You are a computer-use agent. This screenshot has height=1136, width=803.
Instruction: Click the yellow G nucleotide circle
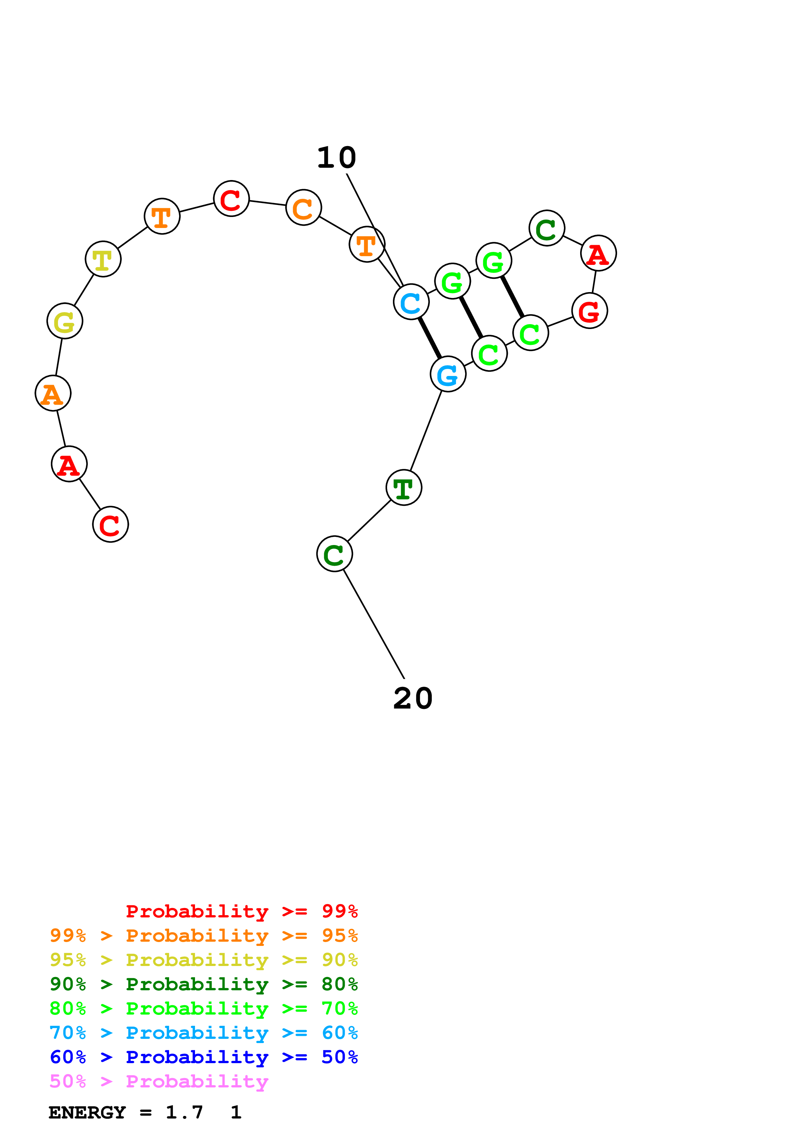(x=65, y=321)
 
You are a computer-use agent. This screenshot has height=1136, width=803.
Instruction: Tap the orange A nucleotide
(x=53, y=393)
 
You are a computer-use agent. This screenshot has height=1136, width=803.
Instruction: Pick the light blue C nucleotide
(x=411, y=302)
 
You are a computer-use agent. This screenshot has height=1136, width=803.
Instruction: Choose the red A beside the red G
(x=598, y=253)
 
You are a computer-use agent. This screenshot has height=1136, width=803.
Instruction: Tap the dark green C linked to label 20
(x=335, y=554)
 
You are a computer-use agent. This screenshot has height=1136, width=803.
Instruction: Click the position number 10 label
(x=337, y=158)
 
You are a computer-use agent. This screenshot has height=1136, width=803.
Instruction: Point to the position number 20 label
(x=413, y=698)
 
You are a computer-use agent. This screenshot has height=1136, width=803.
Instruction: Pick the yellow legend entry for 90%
(x=203, y=960)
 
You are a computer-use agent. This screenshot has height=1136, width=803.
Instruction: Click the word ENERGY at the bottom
(x=87, y=1112)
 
